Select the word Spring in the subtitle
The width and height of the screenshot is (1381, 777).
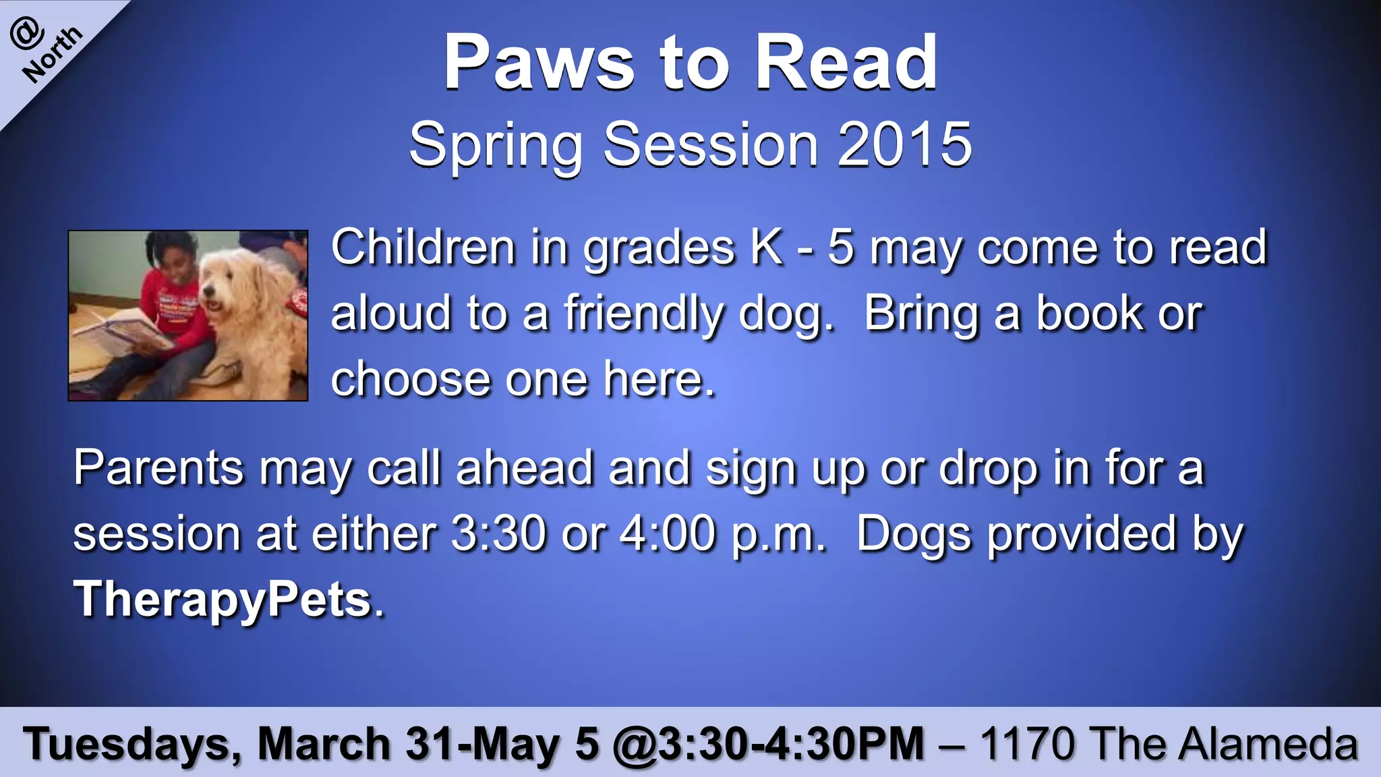coord(496,146)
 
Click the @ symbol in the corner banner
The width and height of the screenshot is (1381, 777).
coord(27,34)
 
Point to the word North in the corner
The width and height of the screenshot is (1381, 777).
coord(53,55)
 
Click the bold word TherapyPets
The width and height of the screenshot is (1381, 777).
coord(223,599)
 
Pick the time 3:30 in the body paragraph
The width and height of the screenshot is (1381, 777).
coord(498,534)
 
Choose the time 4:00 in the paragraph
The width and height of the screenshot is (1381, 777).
coord(667,534)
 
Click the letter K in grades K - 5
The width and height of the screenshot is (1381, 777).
coord(767,248)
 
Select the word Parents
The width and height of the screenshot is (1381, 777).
coord(158,468)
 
